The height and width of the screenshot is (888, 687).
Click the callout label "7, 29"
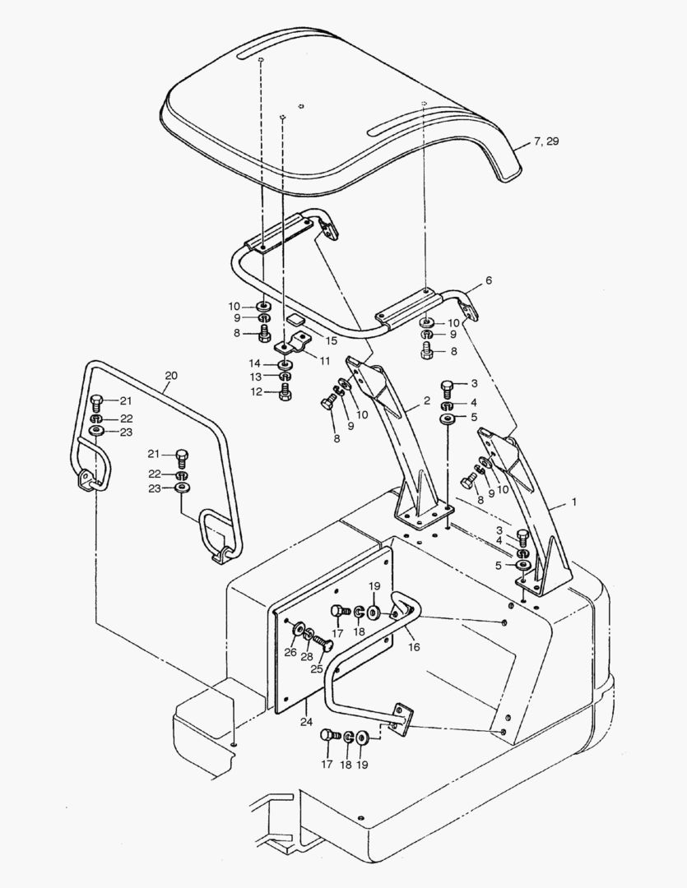click(545, 142)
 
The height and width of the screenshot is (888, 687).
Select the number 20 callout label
click(170, 376)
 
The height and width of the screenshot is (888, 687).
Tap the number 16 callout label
click(413, 647)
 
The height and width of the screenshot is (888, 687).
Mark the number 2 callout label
click(427, 400)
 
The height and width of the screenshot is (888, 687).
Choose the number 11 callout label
click(325, 360)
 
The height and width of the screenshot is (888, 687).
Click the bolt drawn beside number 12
click(285, 392)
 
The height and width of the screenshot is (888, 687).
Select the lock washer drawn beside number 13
click(285, 377)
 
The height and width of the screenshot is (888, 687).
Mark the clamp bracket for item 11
click(294, 342)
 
